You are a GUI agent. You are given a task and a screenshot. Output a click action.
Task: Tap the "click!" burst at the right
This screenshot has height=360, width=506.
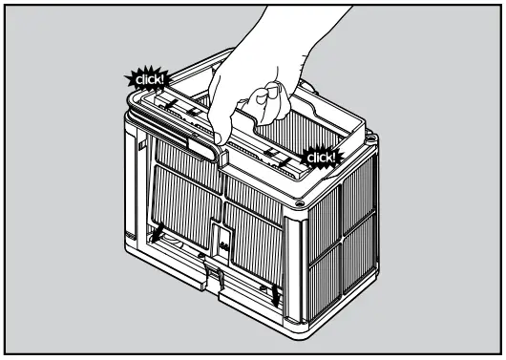[x=321, y=156]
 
